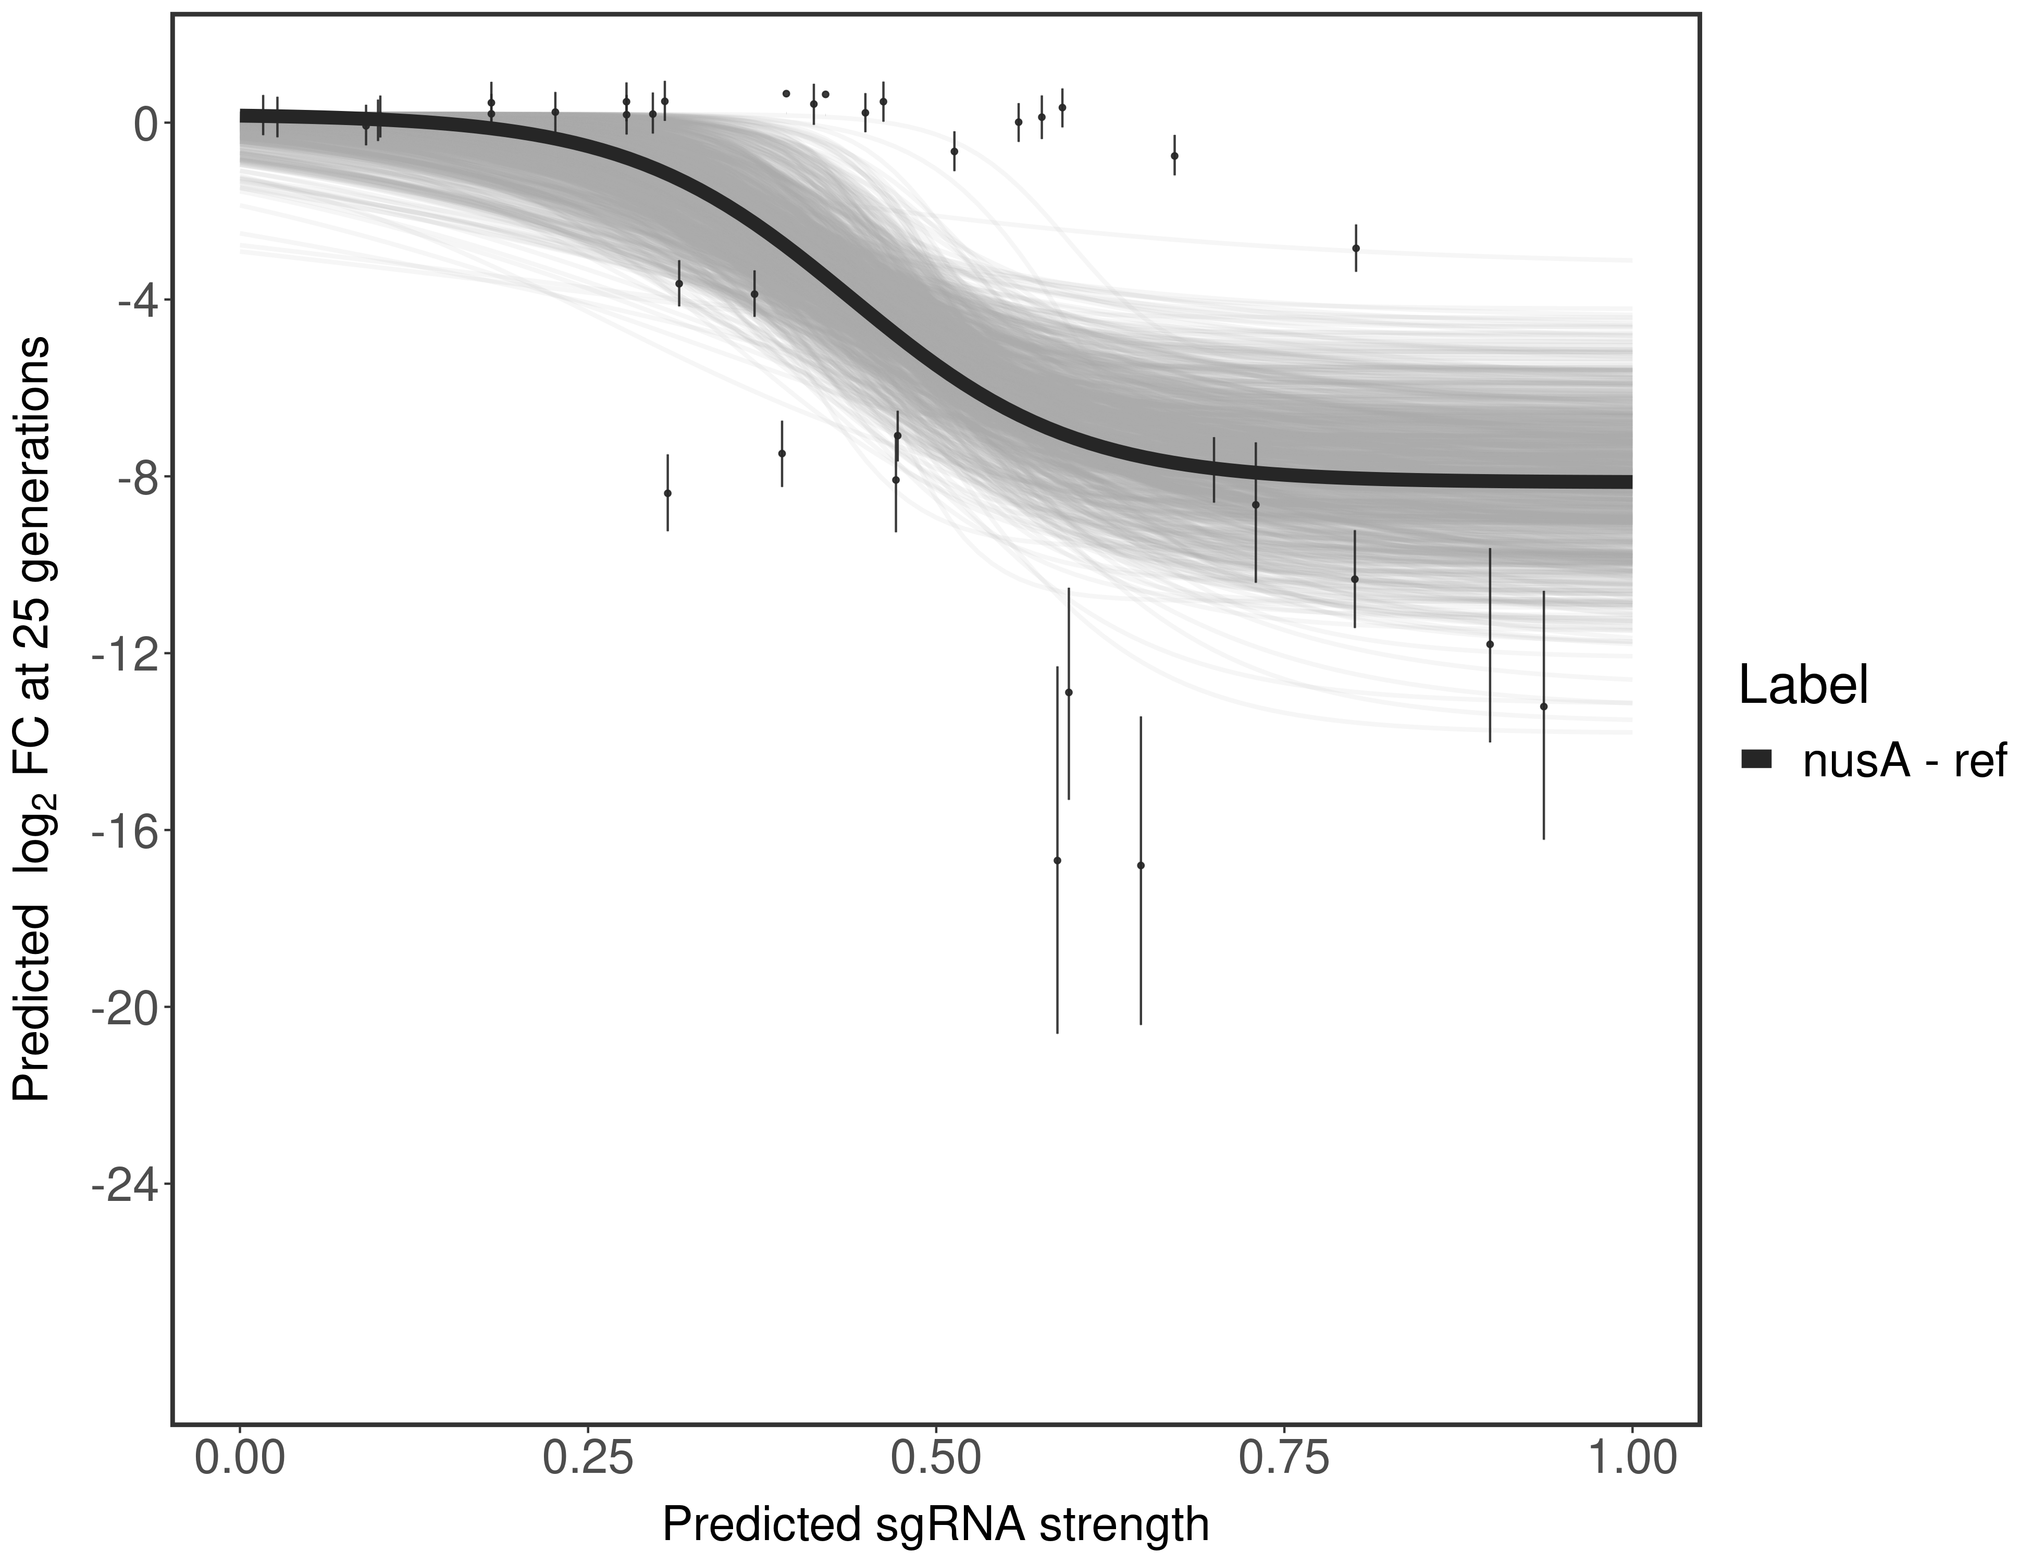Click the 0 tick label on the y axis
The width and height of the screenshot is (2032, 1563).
[x=144, y=124]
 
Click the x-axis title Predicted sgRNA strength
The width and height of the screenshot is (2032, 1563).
[x=935, y=1526]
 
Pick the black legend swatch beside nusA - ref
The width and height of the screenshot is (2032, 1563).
[x=1756, y=760]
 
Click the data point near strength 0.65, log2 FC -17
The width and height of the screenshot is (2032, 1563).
[x=1141, y=865]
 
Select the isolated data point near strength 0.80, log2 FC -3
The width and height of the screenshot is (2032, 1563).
[x=1356, y=249]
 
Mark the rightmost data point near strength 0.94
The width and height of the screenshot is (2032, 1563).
[x=1543, y=707]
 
